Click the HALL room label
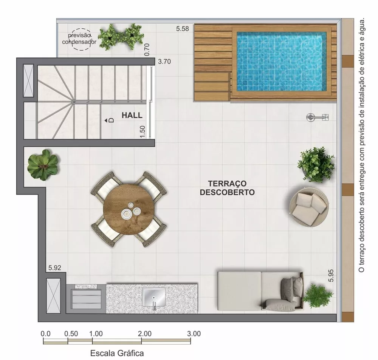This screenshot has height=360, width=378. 132,115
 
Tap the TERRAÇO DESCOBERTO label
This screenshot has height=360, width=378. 227,188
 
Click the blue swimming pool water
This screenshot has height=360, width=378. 281,61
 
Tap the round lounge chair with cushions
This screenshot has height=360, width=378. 308,207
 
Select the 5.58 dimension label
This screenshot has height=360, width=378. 183,29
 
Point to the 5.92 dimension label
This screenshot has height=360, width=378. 55,268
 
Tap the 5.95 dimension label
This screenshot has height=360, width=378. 331,275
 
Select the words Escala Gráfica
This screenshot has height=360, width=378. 117,354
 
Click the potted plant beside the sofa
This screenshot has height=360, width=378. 318,295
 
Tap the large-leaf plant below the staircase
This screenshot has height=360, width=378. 43,165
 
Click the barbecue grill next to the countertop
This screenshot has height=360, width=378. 86,298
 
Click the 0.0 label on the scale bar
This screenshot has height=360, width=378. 45,334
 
